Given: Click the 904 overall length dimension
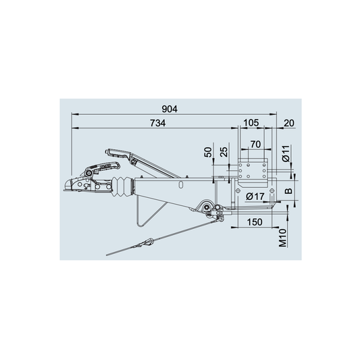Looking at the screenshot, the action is coord(170,109).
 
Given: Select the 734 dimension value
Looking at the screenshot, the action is coord(158,123).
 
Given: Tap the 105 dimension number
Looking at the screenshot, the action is coord(251,123).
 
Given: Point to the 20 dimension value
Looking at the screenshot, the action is coord(289,124).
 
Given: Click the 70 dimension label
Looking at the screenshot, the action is coord(255,145).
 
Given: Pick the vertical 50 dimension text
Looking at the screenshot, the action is coord(208,152).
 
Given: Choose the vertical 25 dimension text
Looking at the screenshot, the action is coord(224,152).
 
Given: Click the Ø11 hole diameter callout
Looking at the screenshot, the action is coord(286,153).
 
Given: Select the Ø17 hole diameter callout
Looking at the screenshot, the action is coord(255,197).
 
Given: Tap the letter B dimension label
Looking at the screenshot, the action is coord(288,190).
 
